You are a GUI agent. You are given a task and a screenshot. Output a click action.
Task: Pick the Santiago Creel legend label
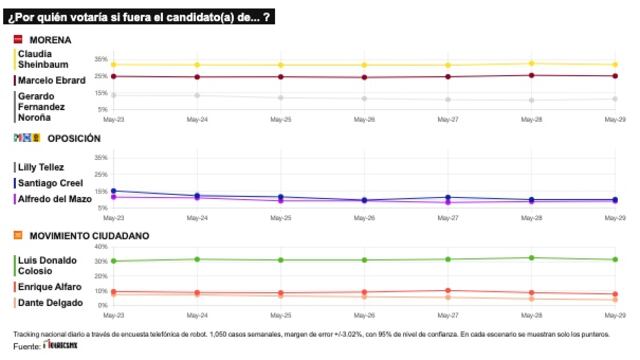(47, 183)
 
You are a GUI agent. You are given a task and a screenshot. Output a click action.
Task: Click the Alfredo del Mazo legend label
(52, 198)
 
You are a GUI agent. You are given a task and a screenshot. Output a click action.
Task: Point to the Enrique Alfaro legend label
(49, 287)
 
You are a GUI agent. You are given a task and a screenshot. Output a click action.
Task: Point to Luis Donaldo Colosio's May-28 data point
(531, 258)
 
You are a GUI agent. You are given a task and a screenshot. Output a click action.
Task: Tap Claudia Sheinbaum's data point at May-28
(531, 63)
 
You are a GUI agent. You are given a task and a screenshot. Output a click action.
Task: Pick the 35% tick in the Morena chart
(100, 58)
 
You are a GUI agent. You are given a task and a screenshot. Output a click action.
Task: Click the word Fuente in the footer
(26, 346)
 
